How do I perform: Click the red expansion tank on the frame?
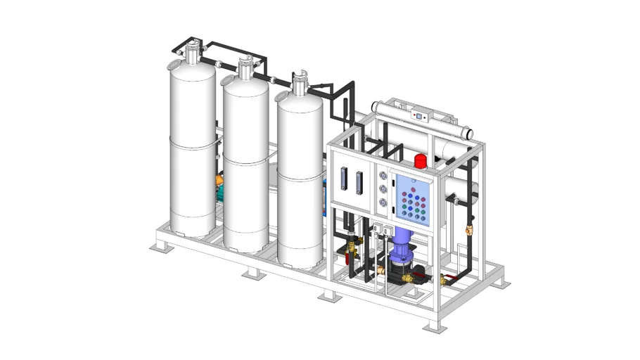421,160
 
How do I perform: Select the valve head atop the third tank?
300,82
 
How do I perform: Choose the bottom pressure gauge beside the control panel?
383,202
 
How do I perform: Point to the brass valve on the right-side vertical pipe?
470,229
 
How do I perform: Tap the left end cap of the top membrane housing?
376,108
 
